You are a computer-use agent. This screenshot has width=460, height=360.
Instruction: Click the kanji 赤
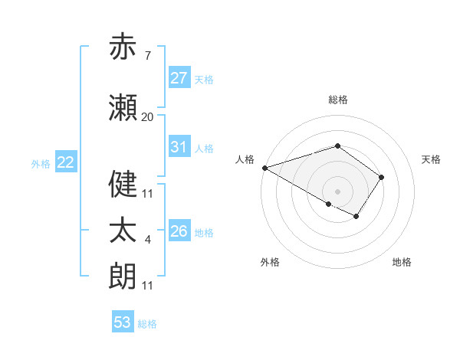(123, 47)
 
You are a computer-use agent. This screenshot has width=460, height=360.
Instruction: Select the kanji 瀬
(123, 109)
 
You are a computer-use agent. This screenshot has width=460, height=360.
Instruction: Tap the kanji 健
(123, 185)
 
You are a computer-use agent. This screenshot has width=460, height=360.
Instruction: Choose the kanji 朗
(123, 277)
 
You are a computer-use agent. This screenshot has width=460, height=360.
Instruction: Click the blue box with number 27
(179, 78)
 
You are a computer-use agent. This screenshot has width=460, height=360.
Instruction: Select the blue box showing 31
(179, 147)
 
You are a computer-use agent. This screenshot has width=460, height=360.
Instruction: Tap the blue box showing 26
(179, 231)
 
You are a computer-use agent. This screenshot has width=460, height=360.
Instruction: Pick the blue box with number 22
(66, 162)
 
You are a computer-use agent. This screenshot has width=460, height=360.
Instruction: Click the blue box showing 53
(123, 322)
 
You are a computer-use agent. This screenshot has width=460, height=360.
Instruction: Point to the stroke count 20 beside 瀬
(147, 117)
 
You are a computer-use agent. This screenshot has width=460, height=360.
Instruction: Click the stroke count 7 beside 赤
(147, 56)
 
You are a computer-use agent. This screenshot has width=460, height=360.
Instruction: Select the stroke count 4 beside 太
(147, 240)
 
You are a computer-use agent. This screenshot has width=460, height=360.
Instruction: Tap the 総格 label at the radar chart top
(337, 100)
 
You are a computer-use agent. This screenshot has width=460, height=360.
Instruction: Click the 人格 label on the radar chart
(245, 159)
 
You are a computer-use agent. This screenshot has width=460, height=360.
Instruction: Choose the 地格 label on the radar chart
(402, 262)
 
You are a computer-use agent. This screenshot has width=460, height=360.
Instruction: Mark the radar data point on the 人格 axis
(264, 167)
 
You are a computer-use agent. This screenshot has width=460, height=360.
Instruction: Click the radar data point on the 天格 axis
(381, 177)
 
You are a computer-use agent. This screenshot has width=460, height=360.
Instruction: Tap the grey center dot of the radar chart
(337, 191)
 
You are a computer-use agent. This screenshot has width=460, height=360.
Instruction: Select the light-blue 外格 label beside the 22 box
(41, 163)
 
